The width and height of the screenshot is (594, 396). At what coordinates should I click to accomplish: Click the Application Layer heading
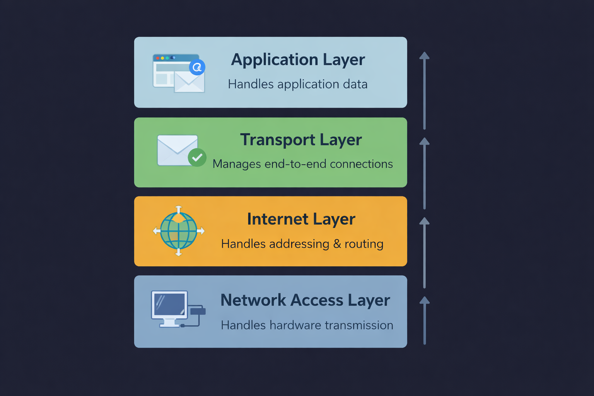[x=298, y=60]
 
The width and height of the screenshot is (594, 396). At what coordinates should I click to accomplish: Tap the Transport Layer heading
[x=301, y=140]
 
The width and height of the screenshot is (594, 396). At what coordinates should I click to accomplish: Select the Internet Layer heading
[x=301, y=219]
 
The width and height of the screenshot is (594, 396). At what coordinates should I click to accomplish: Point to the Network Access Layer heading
[x=305, y=300]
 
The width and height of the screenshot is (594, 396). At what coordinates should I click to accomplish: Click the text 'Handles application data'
[x=297, y=84]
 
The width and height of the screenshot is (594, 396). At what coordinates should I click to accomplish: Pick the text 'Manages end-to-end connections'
[x=302, y=164]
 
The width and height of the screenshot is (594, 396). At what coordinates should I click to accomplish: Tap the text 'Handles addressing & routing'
[x=302, y=244]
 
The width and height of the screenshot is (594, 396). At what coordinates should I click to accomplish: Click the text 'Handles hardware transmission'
[x=307, y=325]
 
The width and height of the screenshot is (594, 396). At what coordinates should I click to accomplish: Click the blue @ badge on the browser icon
[x=197, y=67]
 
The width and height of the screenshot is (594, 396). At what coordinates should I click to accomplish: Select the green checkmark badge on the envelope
[x=197, y=157]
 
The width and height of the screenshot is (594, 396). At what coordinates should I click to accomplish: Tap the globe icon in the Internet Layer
[x=179, y=231]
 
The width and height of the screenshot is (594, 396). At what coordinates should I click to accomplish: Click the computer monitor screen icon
[x=169, y=304]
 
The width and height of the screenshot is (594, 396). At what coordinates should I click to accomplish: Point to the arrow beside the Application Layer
[x=424, y=91]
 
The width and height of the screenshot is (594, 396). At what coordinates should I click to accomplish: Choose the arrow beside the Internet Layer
[x=424, y=253]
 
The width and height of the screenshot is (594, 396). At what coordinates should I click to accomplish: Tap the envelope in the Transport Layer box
[x=177, y=150]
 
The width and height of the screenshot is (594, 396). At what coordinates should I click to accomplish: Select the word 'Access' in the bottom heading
[x=317, y=300]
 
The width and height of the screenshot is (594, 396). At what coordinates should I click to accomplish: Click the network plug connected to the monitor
[x=198, y=311]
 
